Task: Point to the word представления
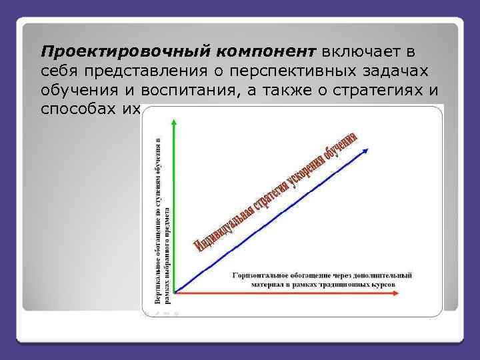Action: click(x=143, y=71)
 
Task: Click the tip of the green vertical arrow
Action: click(x=174, y=119)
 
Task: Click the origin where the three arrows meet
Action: click(x=175, y=292)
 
